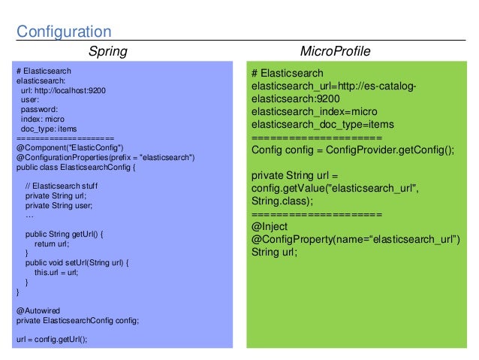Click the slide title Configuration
pyautogui.click(x=64, y=32)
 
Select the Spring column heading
pyautogui.click(x=108, y=51)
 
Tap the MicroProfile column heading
pyautogui.click(x=334, y=51)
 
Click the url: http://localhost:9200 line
pyautogui.click(x=63, y=90)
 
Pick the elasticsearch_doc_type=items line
pyautogui.click(x=323, y=124)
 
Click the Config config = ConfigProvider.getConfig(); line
pyautogui.click(x=353, y=150)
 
